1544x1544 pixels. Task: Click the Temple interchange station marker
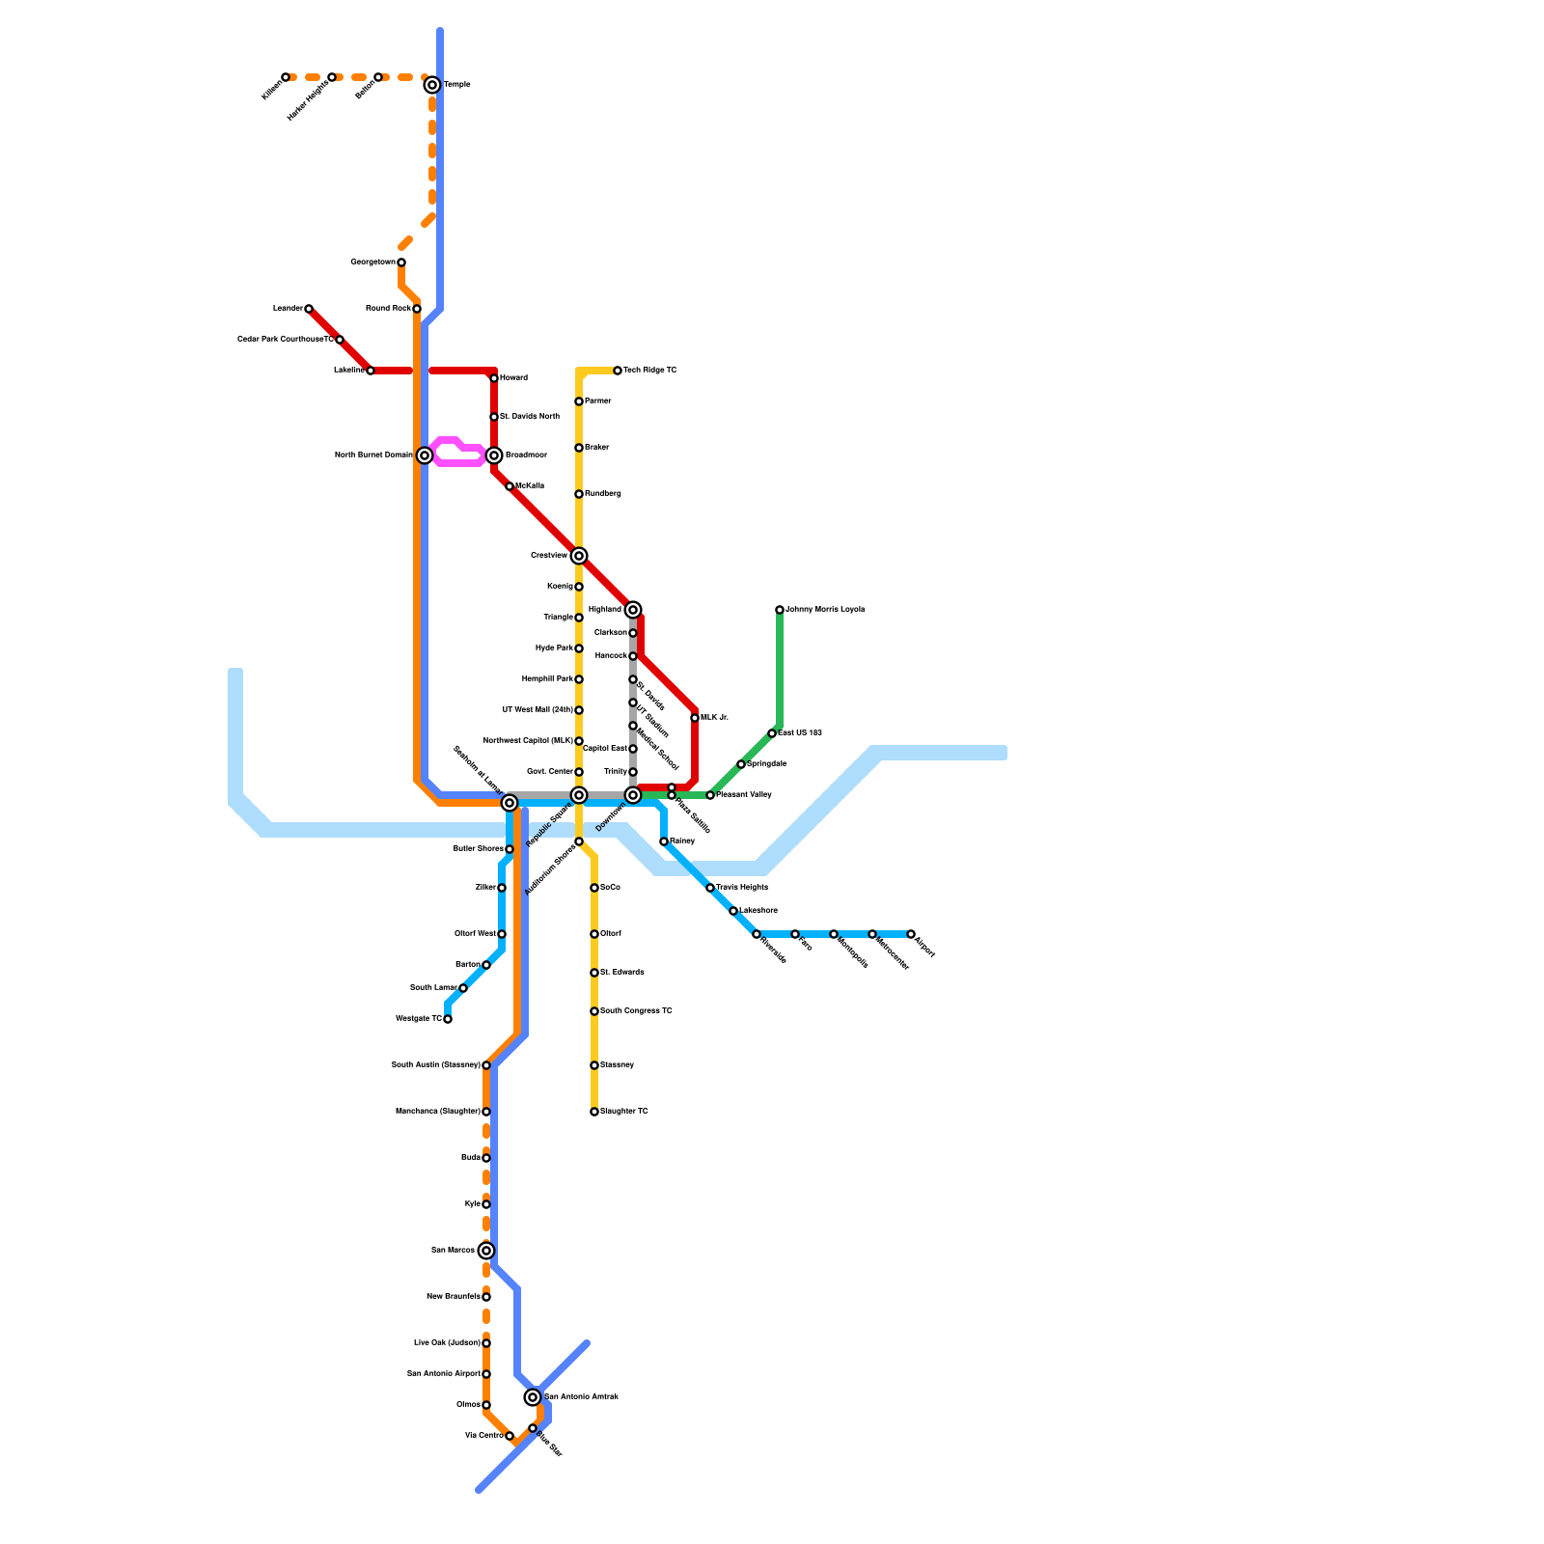pyautogui.click(x=432, y=85)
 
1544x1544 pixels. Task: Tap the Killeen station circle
pyautogui.click(x=286, y=77)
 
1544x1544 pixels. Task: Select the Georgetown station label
pyautogui.click(x=372, y=262)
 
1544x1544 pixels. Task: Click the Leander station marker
pyautogui.click(x=309, y=309)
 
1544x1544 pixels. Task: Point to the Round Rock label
pyautogui.click(x=388, y=309)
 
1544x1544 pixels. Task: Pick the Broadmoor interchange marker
pyautogui.click(x=494, y=455)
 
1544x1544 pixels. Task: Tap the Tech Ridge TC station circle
pyautogui.click(x=618, y=371)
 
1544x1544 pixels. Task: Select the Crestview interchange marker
pyautogui.click(x=579, y=556)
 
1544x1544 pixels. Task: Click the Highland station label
pyautogui.click(x=605, y=610)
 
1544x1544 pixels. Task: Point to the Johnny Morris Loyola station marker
pyautogui.click(x=780, y=610)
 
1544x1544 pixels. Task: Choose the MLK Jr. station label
pyautogui.click(x=714, y=718)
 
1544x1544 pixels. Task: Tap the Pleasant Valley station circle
pyautogui.click(x=710, y=795)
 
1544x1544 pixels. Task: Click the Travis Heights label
pyautogui.click(x=742, y=888)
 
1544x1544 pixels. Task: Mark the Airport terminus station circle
pyautogui.click(x=911, y=934)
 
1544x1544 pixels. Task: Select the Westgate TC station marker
pyautogui.click(x=448, y=1019)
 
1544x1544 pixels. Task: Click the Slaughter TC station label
pyautogui.click(x=624, y=1112)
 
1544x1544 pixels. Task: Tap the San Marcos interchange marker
pyautogui.click(x=486, y=1251)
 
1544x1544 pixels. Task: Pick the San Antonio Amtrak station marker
pyautogui.click(x=533, y=1397)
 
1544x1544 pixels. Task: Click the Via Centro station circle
pyautogui.click(x=510, y=1436)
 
